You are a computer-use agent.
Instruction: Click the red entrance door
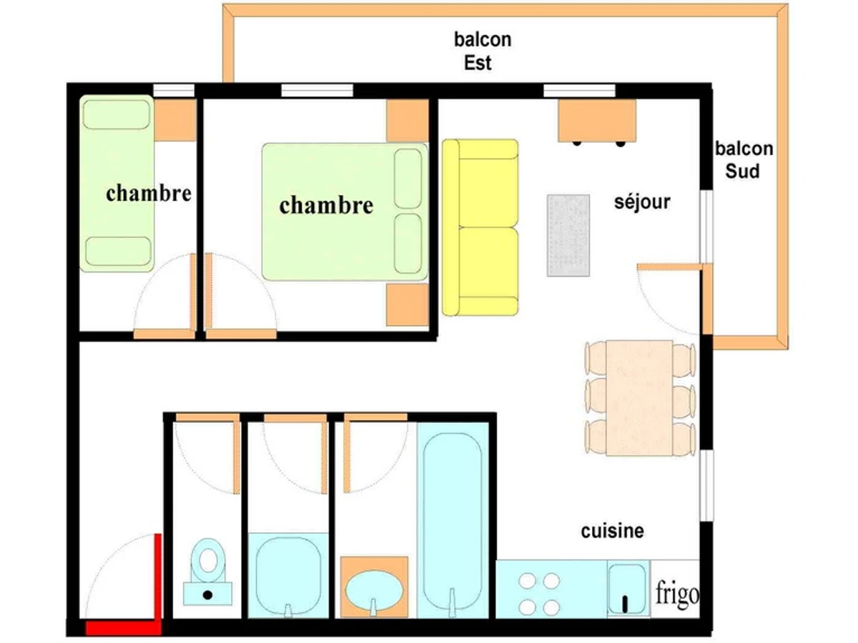[158, 578]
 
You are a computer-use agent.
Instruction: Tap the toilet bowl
[208, 561]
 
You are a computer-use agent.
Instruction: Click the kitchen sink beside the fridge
[627, 589]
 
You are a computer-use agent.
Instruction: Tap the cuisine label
[612, 531]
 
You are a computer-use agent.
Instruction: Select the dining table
[639, 398]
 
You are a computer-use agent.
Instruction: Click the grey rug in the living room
[568, 236]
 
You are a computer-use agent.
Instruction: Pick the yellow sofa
[480, 227]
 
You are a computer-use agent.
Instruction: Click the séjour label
[642, 202]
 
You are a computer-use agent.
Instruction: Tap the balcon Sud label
[744, 160]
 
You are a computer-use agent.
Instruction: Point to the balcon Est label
[483, 51]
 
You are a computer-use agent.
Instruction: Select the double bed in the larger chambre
[345, 211]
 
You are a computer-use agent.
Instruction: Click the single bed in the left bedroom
[117, 184]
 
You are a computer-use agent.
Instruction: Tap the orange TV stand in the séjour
[597, 121]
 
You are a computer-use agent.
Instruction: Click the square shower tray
[288, 576]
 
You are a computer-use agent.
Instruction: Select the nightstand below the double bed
[408, 305]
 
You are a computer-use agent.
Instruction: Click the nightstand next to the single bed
[175, 120]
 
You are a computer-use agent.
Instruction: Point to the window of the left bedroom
[174, 90]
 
